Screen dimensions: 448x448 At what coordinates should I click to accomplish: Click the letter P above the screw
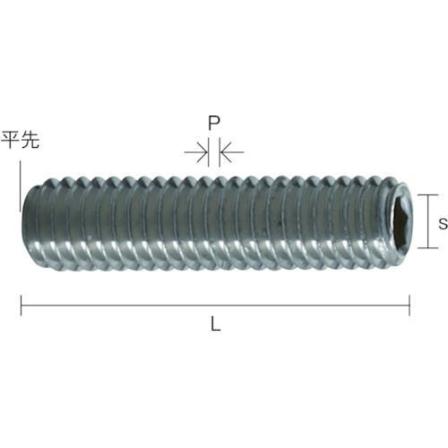tap(214, 123)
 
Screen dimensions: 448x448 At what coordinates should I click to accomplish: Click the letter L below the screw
tap(216, 323)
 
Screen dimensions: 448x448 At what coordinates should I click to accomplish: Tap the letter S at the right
tap(443, 224)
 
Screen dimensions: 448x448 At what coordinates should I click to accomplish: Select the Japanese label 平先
tap(21, 140)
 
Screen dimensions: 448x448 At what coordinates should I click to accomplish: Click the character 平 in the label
tap(11, 140)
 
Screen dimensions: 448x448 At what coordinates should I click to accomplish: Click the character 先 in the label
tap(30, 140)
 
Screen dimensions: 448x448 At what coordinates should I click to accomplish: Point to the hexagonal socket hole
tap(401, 221)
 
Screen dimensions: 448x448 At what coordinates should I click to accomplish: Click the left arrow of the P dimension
tap(196, 152)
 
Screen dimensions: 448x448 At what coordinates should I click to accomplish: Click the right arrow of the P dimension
tap(232, 152)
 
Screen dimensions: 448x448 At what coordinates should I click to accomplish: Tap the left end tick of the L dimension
tap(21, 306)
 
